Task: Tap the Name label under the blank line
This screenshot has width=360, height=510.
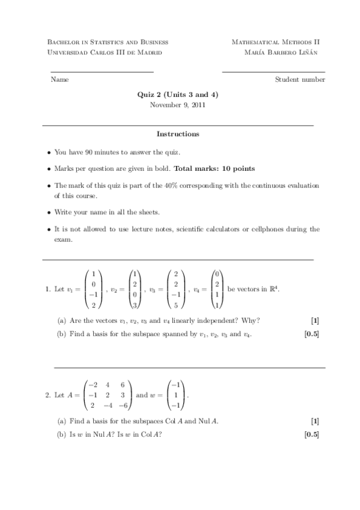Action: pos(59,79)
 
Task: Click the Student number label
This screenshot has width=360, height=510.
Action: pos(300,79)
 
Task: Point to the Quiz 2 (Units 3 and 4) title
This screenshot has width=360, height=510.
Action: pos(177,94)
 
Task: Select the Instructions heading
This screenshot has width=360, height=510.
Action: pos(178,134)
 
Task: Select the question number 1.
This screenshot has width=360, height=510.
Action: pos(47,289)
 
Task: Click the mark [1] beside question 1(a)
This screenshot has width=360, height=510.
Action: pos(315,319)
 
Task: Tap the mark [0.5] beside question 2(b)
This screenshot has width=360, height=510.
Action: pos(311,435)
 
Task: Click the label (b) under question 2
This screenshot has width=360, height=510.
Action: pos(61,435)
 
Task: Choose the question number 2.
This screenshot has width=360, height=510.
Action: pos(47,395)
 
